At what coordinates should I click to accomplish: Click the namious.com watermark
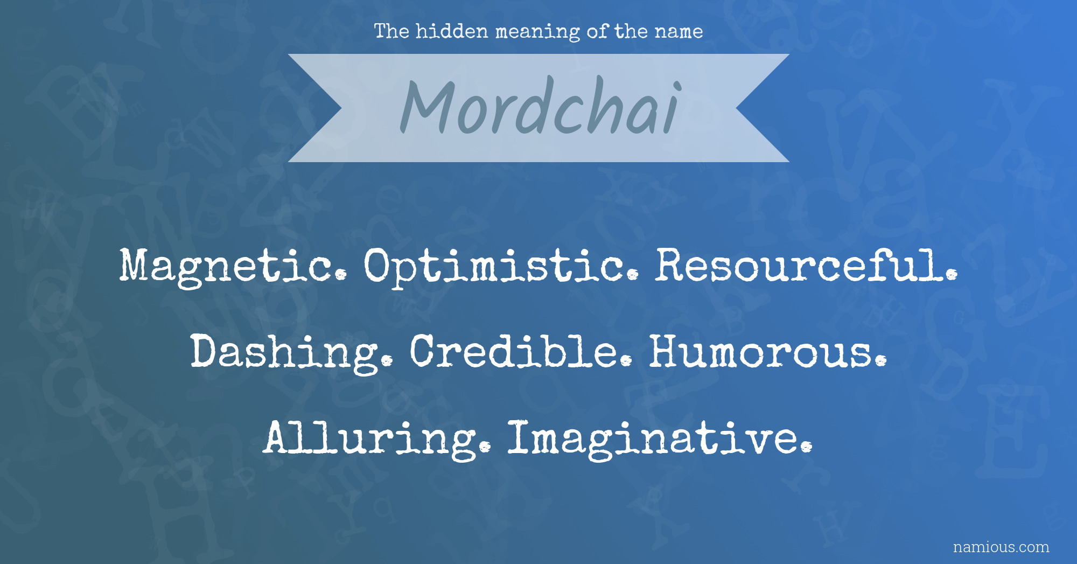(x=1001, y=547)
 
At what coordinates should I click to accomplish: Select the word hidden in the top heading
(x=452, y=31)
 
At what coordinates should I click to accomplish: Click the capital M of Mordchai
(x=428, y=107)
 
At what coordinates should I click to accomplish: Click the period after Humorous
(x=881, y=361)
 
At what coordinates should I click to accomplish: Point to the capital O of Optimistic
(x=381, y=265)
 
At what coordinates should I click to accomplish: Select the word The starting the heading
(x=391, y=31)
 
